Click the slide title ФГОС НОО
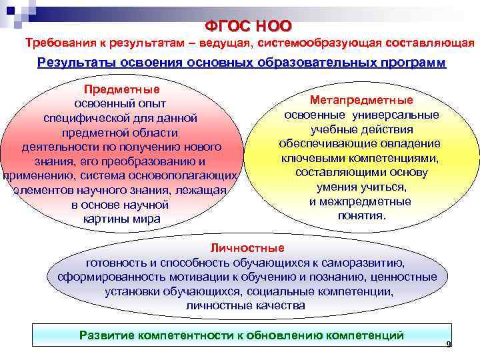click(x=249, y=26)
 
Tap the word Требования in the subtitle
click(x=59, y=43)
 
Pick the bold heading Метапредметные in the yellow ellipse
click(x=361, y=100)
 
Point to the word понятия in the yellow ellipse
click(x=361, y=216)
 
